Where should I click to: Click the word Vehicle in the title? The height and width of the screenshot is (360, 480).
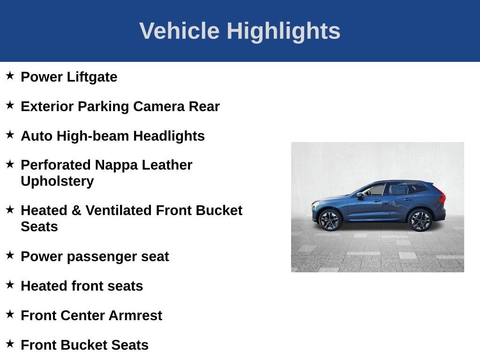coord(180,30)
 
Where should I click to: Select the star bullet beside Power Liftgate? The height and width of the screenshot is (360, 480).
coord(10,75)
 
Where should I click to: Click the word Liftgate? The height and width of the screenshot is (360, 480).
coord(92,77)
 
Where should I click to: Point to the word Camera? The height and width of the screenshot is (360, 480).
coord(159,106)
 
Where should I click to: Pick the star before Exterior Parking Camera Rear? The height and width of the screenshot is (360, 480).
coord(10,105)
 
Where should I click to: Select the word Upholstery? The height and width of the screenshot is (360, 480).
coord(57,181)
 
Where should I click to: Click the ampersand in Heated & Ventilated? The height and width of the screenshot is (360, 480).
coord(76,210)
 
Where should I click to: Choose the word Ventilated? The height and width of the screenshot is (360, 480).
coord(119,210)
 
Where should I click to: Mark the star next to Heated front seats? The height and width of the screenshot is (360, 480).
coord(10,285)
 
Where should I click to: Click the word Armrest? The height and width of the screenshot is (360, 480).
coord(135,315)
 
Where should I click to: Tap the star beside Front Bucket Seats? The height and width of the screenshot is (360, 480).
coord(10,344)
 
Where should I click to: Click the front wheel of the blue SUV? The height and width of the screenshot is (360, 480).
coord(330,220)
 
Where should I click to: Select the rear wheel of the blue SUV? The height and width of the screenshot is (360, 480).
coord(420,220)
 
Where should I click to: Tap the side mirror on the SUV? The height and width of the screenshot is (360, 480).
coord(360,195)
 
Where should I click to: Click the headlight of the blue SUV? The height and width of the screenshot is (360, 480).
coord(315,204)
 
